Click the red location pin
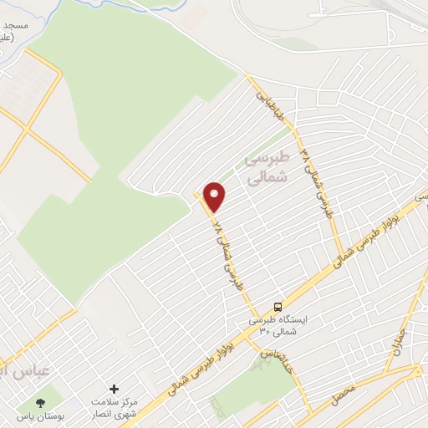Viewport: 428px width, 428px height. [215, 196]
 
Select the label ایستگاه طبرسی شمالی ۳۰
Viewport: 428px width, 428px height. [279, 326]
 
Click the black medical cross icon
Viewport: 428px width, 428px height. [115, 389]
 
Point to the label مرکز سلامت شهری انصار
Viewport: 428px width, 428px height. [115, 408]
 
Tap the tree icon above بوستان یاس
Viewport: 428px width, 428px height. [41, 402]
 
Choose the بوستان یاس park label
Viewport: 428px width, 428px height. [40, 415]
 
